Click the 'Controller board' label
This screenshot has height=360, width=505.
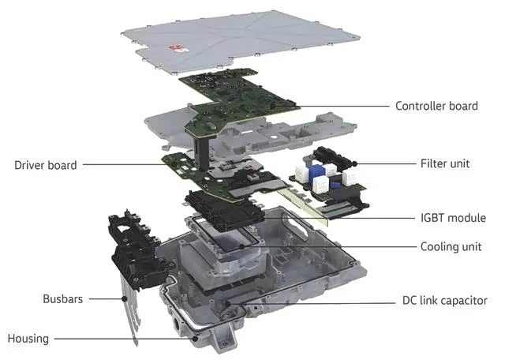tap(436, 106)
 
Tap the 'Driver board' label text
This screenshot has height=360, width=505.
tap(46, 165)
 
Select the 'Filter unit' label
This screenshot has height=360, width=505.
tap(445, 163)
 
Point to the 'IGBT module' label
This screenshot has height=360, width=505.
tap(453, 218)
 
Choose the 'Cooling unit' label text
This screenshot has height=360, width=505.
tap(451, 247)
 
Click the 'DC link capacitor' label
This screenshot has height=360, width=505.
tap(445, 300)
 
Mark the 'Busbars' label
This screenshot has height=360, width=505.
tap(63, 298)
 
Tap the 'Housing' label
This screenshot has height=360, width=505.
tap(28, 339)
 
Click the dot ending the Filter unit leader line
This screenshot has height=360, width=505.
tap(354, 163)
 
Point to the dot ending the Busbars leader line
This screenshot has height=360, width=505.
tap(125, 298)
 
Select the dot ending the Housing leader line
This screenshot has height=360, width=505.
tap(195, 339)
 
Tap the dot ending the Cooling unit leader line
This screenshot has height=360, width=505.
tap(242, 247)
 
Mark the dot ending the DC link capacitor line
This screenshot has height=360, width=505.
tap(228, 303)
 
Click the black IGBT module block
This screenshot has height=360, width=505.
tap(224, 210)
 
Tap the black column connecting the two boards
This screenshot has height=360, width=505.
tap(202, 152)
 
